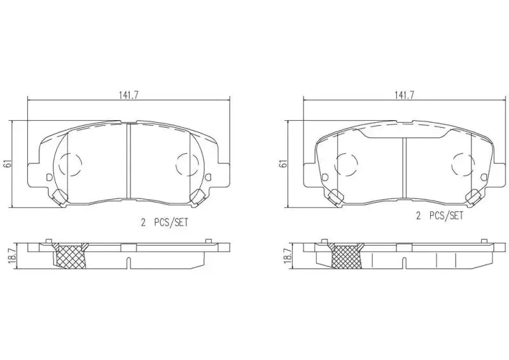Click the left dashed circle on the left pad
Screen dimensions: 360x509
click(x=69, y=164)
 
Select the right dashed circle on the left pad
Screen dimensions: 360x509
click(x=187, y=164)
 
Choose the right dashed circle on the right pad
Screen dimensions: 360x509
click(x=463, y=164)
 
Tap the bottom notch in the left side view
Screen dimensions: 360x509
click(x=128, y=262)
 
